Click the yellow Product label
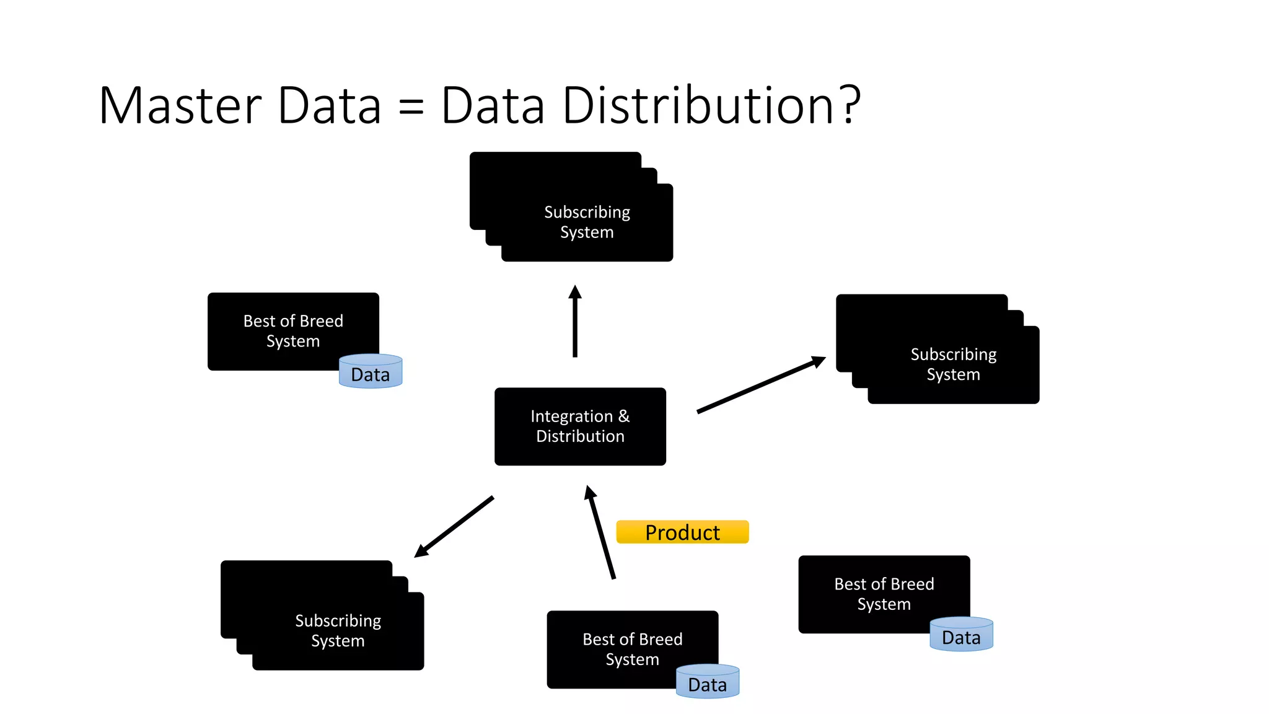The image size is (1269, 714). (682, 532)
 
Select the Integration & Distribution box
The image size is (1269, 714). (580, 426)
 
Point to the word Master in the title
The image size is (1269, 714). (180, 105)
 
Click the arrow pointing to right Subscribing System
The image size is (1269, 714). (761, 385)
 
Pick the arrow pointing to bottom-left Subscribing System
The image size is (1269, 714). (454, 526)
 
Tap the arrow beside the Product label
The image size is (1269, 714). (600, 532)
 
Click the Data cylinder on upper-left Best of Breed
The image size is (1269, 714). (371, 372)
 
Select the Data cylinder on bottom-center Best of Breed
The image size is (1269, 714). (708, 682)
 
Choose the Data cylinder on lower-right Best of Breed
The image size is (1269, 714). (961, 635)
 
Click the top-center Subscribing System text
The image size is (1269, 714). (587, 222)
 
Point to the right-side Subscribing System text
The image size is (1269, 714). (953, 364)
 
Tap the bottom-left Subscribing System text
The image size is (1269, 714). (338, 630)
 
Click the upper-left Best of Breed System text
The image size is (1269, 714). (293, 331)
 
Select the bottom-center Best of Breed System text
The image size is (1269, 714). (632, 649)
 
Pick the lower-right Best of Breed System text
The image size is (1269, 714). (884, 594)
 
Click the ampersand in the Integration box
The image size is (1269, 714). (623, 416)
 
